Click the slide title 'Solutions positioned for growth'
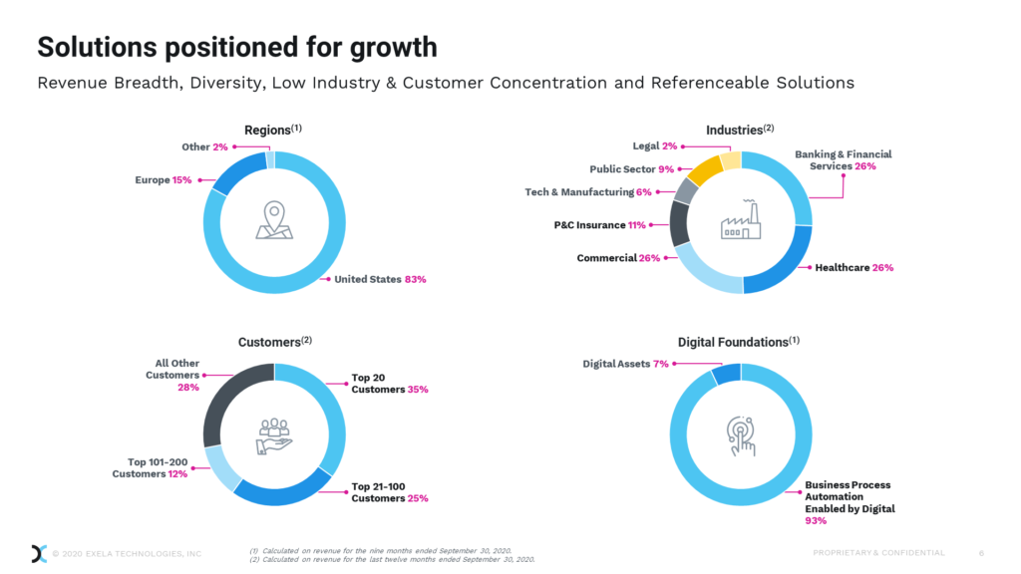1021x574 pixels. click(x=236, y=47)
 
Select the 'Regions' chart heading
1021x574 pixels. click(x=273, y=131)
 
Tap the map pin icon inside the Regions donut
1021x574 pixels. click(x=273, y=221)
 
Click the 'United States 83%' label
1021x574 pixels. click(x=380, y=279)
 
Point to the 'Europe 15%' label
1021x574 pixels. click(x=164, y=180)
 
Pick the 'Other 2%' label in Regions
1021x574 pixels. click(x=203, y=146)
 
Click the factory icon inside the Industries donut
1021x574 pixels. click(x=741, y=221)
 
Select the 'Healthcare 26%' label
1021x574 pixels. click(x=853, y=267)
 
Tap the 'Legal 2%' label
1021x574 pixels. click(x=655, y=146)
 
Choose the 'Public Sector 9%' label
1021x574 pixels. click(x=632, y=169)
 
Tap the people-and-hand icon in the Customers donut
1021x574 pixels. click(x=273, y=435)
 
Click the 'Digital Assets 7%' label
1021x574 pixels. click(x=625, y=364)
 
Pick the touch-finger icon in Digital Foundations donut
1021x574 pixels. click(x=741, y=435)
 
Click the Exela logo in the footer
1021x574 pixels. click(x=39, y=553)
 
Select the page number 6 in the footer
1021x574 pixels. click(x=981, y=553)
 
